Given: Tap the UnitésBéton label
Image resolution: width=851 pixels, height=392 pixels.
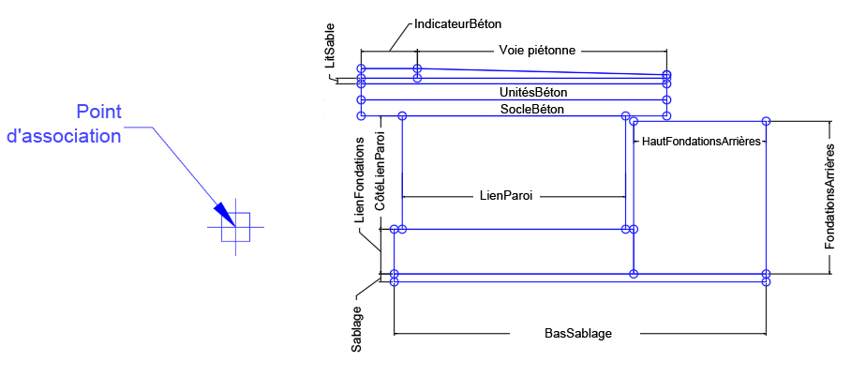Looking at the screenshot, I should point(533,93).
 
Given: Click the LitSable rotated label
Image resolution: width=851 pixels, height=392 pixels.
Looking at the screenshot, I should point(328,44).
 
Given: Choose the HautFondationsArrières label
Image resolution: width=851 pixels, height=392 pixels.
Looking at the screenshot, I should point(700,141).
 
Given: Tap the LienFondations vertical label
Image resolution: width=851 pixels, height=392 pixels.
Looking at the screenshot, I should point(360,178).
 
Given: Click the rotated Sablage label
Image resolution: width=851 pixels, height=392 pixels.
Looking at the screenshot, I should point(357,328).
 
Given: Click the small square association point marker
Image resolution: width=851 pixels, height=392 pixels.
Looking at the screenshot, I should point(235,227).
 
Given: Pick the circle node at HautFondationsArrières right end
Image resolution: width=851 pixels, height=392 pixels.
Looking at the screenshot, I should point(766,121).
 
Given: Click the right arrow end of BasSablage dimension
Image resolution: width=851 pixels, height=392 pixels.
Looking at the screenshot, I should point(766,333).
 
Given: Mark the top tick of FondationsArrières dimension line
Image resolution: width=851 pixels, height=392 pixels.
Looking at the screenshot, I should point(830,121).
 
